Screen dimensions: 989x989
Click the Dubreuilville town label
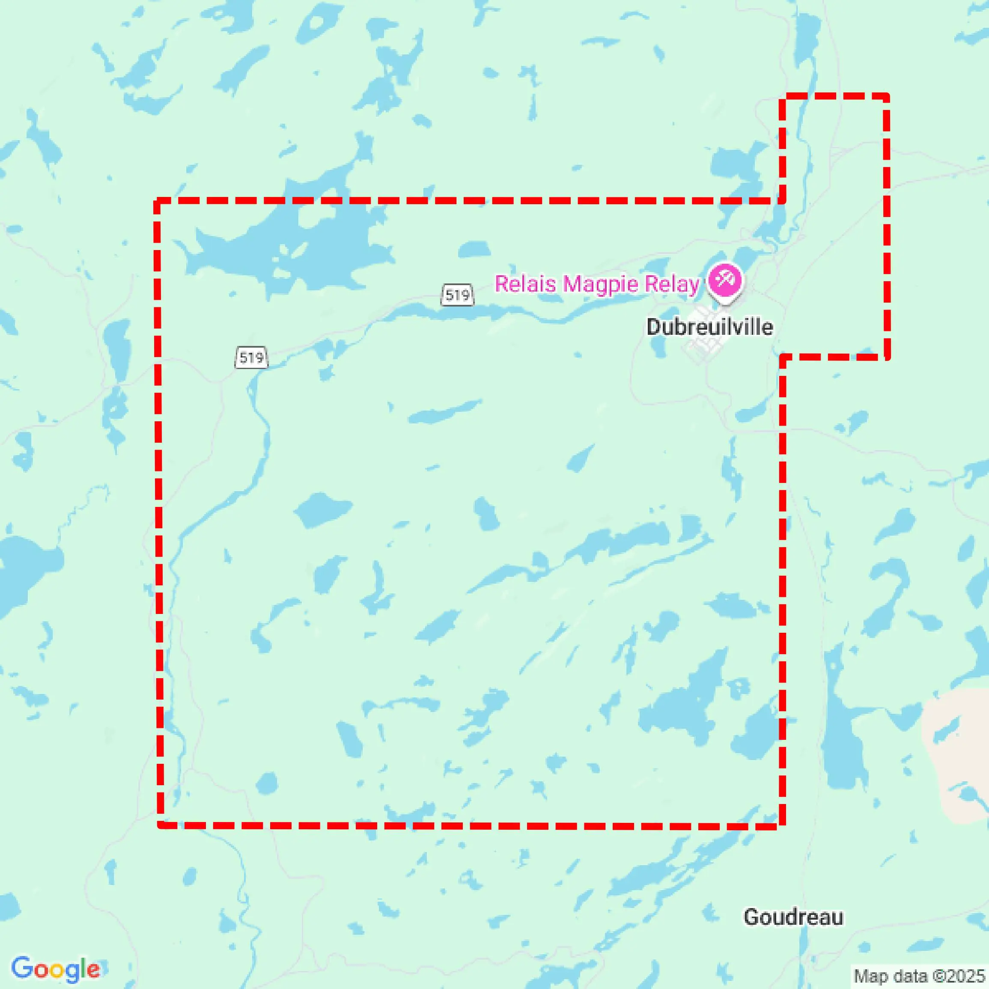(x=709, y=327)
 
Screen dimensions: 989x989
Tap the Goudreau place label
(x=793, y=917)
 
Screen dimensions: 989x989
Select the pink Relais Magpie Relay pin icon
(x=724, y=280)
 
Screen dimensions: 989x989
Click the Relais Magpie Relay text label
(x=597, y=283)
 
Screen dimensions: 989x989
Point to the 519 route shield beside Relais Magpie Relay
(x=457, y=295)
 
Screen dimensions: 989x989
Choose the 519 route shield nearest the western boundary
(x=251, y=357)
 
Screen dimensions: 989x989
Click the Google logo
(x=55, y=969)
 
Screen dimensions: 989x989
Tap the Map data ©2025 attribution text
(x=919, y=976)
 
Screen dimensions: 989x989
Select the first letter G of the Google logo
(x=22, y=968)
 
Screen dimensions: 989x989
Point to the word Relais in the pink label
(x=525, y=283)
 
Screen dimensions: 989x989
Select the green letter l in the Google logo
(x=83, y=968)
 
